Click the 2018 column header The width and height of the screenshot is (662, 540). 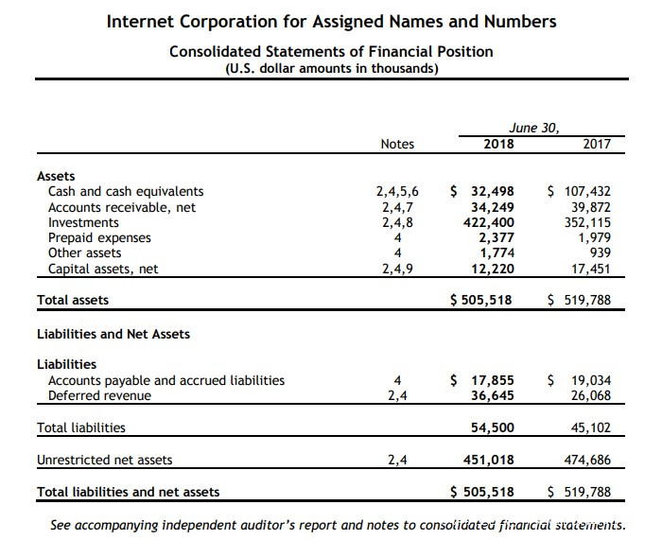(498, 144)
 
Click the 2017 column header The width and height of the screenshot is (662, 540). (596, 144)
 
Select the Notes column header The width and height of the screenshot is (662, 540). (397, 144)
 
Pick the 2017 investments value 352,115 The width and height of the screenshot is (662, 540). (585, 223)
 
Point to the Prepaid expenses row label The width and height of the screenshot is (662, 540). (99, 238)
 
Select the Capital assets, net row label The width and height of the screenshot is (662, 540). (103, 269)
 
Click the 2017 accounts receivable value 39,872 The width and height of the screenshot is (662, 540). (588, 207)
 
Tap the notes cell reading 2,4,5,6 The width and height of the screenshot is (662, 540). (397, 192)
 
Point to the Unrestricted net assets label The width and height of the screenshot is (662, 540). (104, 460)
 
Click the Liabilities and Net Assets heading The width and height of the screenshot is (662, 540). (113, 334)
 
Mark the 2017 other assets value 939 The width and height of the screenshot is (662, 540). (599, 253)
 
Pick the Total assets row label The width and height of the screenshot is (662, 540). (72, 300)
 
